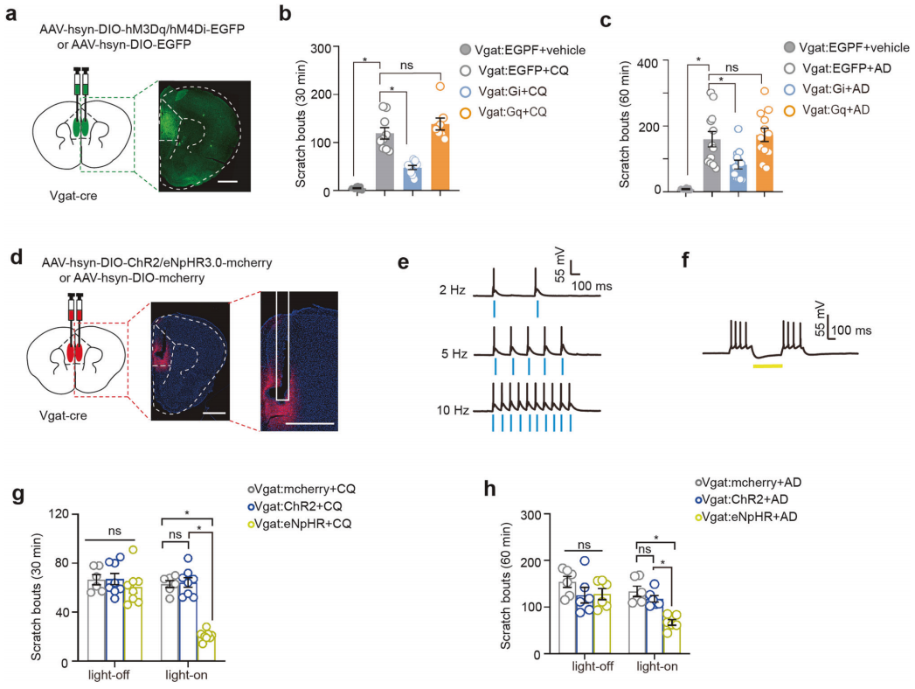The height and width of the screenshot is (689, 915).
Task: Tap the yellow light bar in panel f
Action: point(767,365)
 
